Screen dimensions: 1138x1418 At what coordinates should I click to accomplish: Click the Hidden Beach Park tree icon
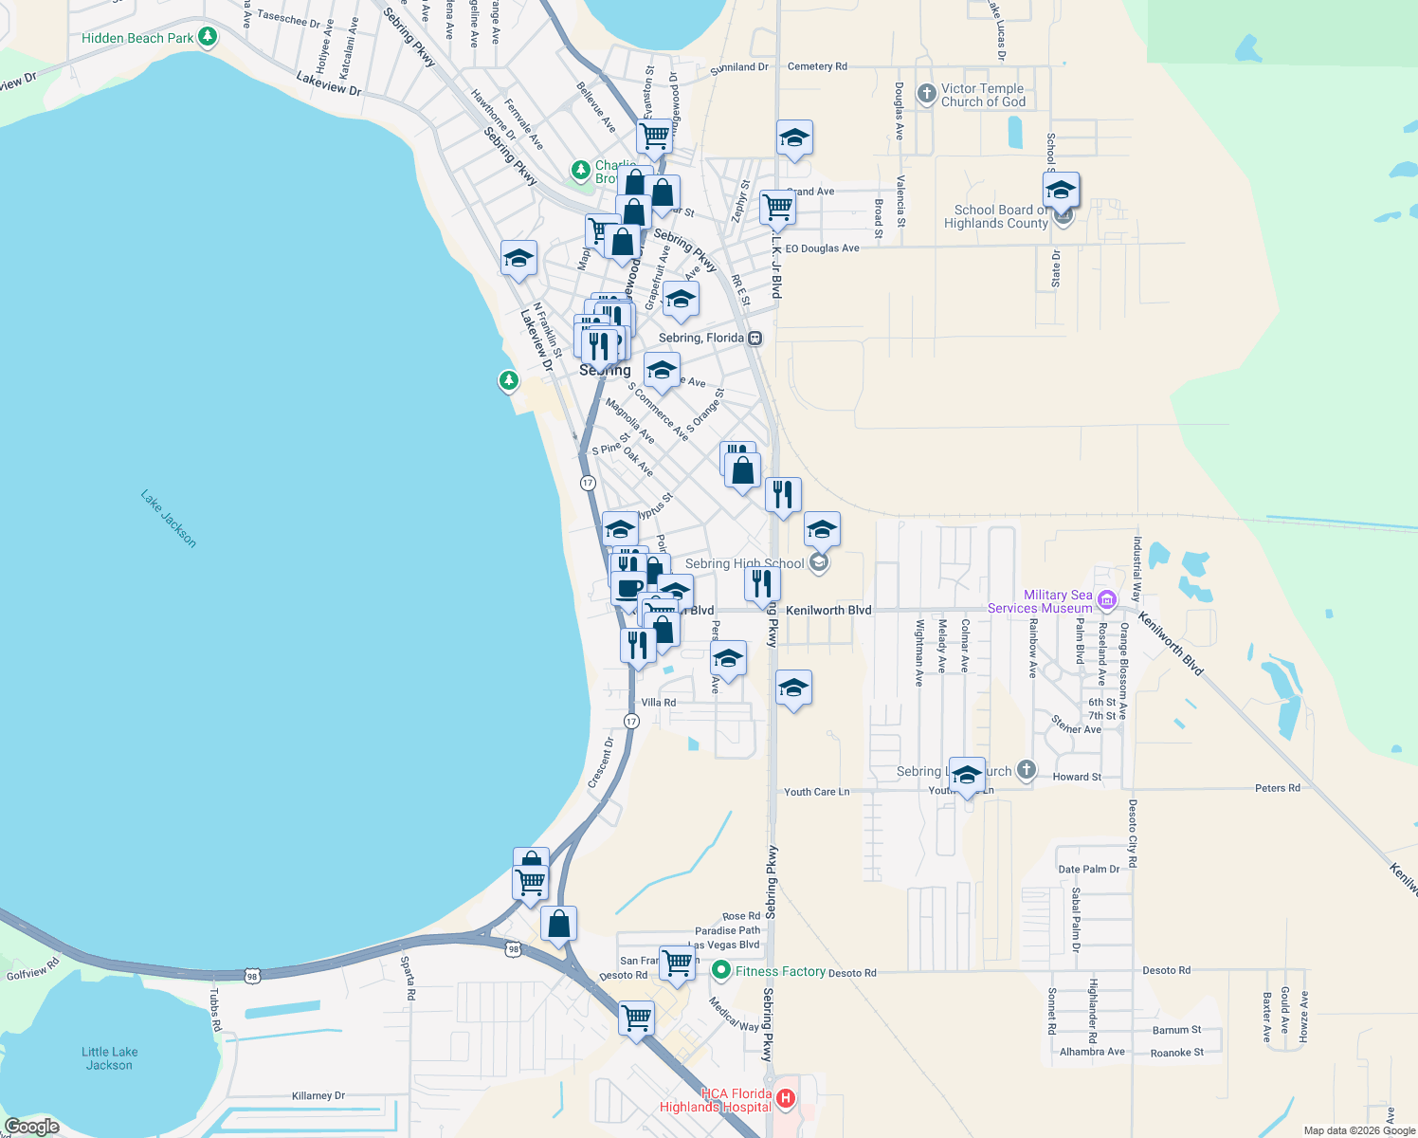208,37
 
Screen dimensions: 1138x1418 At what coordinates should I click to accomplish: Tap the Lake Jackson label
169,518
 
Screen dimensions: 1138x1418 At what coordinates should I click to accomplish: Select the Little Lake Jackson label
110,1058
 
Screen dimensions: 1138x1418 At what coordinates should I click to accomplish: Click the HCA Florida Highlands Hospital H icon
786,1099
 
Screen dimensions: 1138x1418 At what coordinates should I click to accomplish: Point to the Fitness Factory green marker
721,970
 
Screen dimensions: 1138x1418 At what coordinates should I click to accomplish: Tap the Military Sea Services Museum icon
1107,599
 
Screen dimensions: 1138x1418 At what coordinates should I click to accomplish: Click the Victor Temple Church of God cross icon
927,94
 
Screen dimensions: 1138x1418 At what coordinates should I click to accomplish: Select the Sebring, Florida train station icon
755,339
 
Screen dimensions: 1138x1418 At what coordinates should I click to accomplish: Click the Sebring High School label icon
820,563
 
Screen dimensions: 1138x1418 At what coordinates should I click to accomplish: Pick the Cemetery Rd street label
817,66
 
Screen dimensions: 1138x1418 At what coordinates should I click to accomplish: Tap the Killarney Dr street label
318,1095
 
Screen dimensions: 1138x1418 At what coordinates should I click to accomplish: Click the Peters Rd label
1278,788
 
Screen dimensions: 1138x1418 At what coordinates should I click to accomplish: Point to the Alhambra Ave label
1092,1052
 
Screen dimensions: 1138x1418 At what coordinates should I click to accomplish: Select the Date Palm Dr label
1089,869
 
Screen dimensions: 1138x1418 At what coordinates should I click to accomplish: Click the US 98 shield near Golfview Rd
251,975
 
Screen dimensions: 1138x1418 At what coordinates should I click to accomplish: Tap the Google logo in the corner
31,1127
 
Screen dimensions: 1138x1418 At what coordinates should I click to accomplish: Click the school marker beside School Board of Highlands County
1061,190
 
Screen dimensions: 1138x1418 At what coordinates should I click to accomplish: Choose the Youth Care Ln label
816,792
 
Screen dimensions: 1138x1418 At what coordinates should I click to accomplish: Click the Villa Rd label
659,703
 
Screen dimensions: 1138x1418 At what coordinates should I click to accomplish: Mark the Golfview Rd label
32,969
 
